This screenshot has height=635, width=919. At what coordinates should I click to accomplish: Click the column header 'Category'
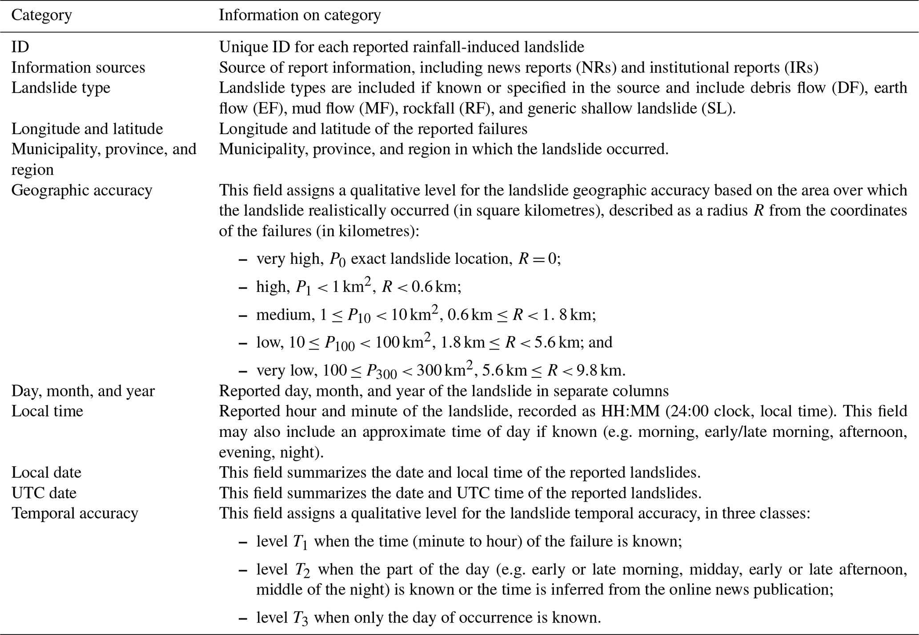coord(41,16)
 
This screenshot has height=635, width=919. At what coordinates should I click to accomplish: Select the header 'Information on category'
coord(300,16)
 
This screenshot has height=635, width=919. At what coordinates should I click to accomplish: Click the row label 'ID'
coord(20,47)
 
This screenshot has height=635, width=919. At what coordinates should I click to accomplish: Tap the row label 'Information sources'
coord(78,67)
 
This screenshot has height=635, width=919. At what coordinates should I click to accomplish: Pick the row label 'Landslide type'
coord(61,87)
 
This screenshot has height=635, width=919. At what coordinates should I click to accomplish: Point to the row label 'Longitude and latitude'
coord(87,129)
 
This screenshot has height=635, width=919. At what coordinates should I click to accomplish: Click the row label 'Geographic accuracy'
coord(82,190)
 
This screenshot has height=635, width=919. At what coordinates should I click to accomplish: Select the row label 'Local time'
coord(47,411)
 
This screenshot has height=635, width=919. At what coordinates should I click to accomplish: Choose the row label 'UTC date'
coord(44,492)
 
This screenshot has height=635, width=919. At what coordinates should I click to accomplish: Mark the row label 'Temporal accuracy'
coord(75,513)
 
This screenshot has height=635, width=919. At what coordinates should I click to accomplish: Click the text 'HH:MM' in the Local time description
coord(630,411)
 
